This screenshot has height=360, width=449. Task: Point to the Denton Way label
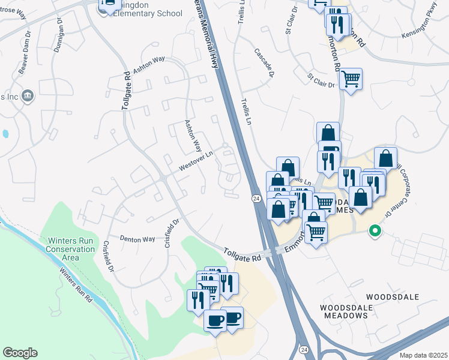click(x=137, y=239)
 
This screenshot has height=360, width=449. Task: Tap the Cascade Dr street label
click(x=264, y=62)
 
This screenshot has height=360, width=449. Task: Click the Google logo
click(x=20, y=353)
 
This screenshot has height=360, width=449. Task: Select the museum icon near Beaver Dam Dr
click(x=28, y=96)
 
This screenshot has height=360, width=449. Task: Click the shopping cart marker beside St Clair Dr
click(x=351, y=78)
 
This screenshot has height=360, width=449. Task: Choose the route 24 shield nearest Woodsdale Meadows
click(x=304, y=349)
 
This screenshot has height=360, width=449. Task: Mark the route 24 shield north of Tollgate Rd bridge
click(x=256, y=198)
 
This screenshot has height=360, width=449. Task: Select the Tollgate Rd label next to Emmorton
click(x=243, y=254)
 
